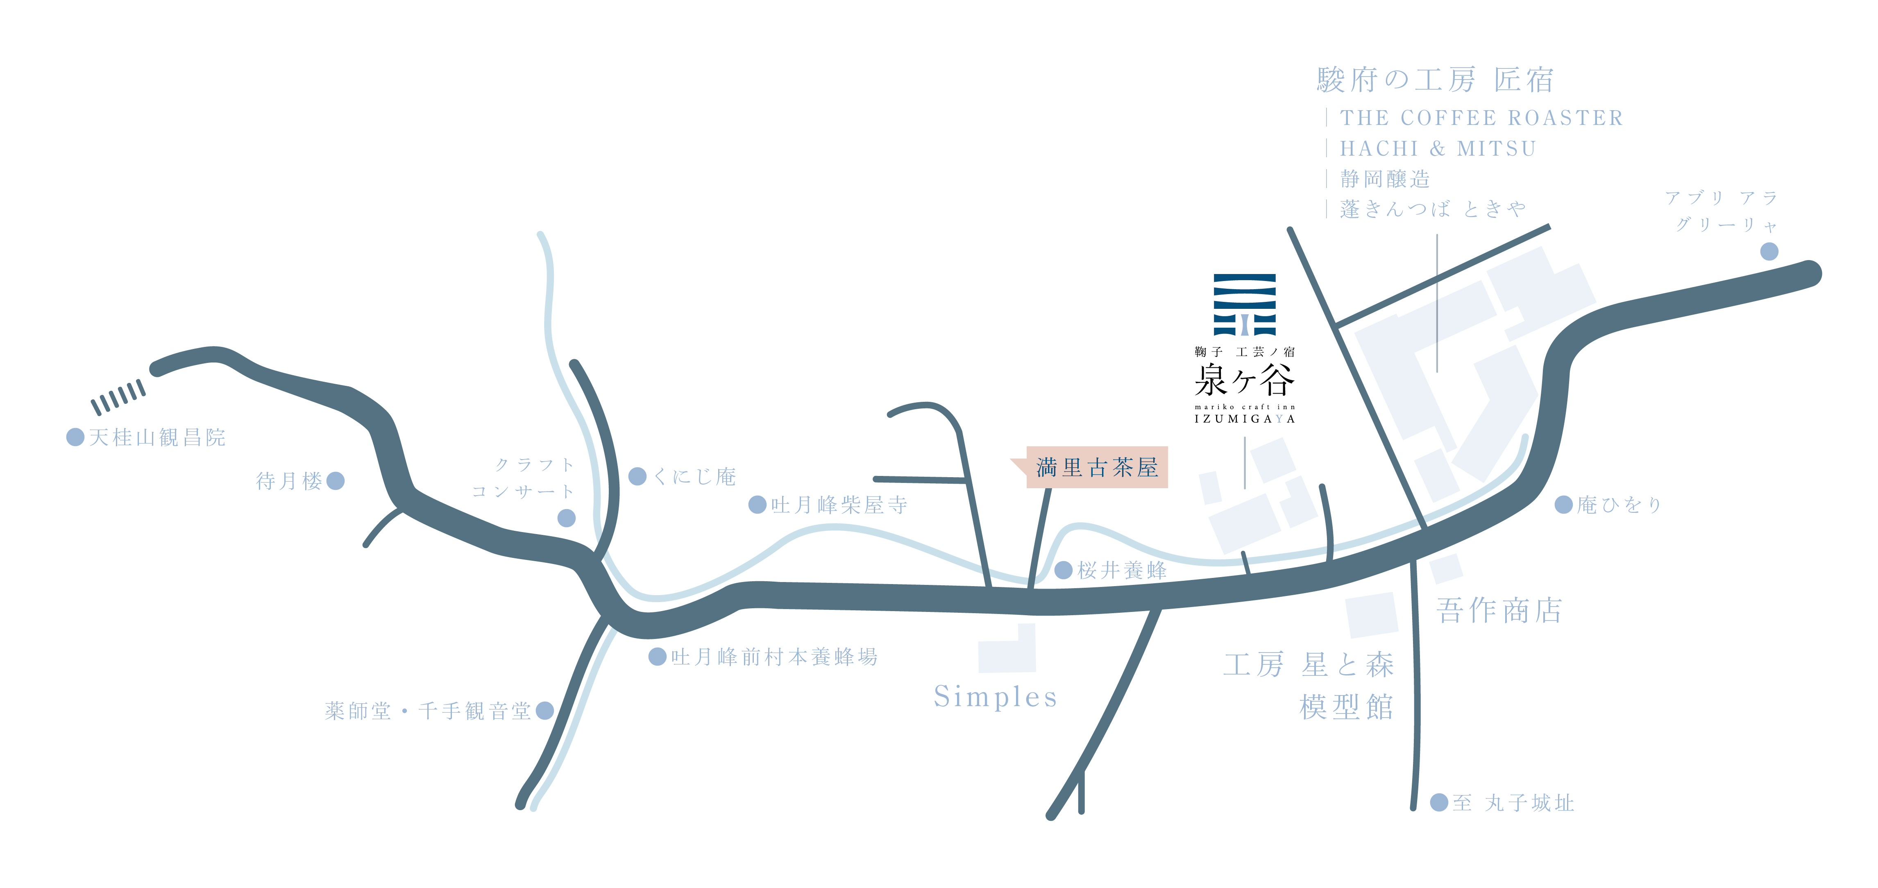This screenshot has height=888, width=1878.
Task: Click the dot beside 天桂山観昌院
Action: (75, 437)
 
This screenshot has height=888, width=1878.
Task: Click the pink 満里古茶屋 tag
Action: (1096, 467)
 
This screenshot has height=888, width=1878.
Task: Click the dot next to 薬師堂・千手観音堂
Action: (544, 710)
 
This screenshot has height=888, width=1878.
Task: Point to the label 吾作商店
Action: (1499, 610)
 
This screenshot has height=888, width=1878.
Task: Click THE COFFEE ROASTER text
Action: (1481, 118)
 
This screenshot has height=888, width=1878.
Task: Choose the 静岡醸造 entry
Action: (1385, 179)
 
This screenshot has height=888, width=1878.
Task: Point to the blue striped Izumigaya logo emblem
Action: (1245, 305)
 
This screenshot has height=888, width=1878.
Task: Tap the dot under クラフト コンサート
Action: (567, 518)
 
